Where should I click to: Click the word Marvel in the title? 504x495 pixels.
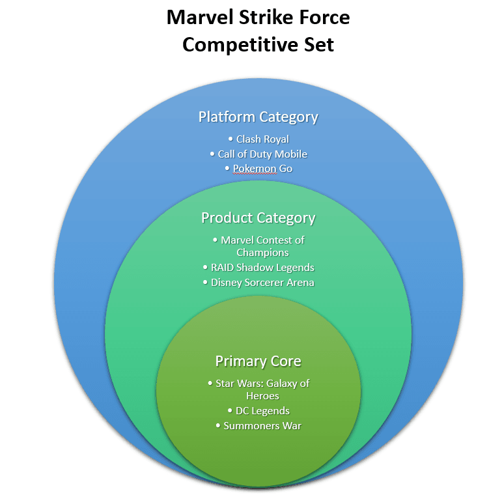coord(196,17)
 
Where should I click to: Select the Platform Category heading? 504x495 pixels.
coord(259,117)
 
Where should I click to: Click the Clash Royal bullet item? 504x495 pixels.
coord(259,139)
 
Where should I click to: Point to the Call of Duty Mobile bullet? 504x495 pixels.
coord(259,154)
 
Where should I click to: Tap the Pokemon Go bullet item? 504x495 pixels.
coord(259,169)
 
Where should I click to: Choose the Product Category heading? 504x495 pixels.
coord(259,218)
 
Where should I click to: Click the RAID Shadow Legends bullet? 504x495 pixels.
coord(259,268)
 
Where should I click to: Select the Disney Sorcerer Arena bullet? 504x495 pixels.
coord(259,283)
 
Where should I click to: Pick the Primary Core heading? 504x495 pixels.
coord(259,361)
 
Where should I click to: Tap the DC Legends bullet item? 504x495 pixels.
coord(259,411)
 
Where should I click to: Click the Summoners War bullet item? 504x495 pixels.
coord(259,426)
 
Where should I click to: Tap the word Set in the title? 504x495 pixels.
coord(319,45)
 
